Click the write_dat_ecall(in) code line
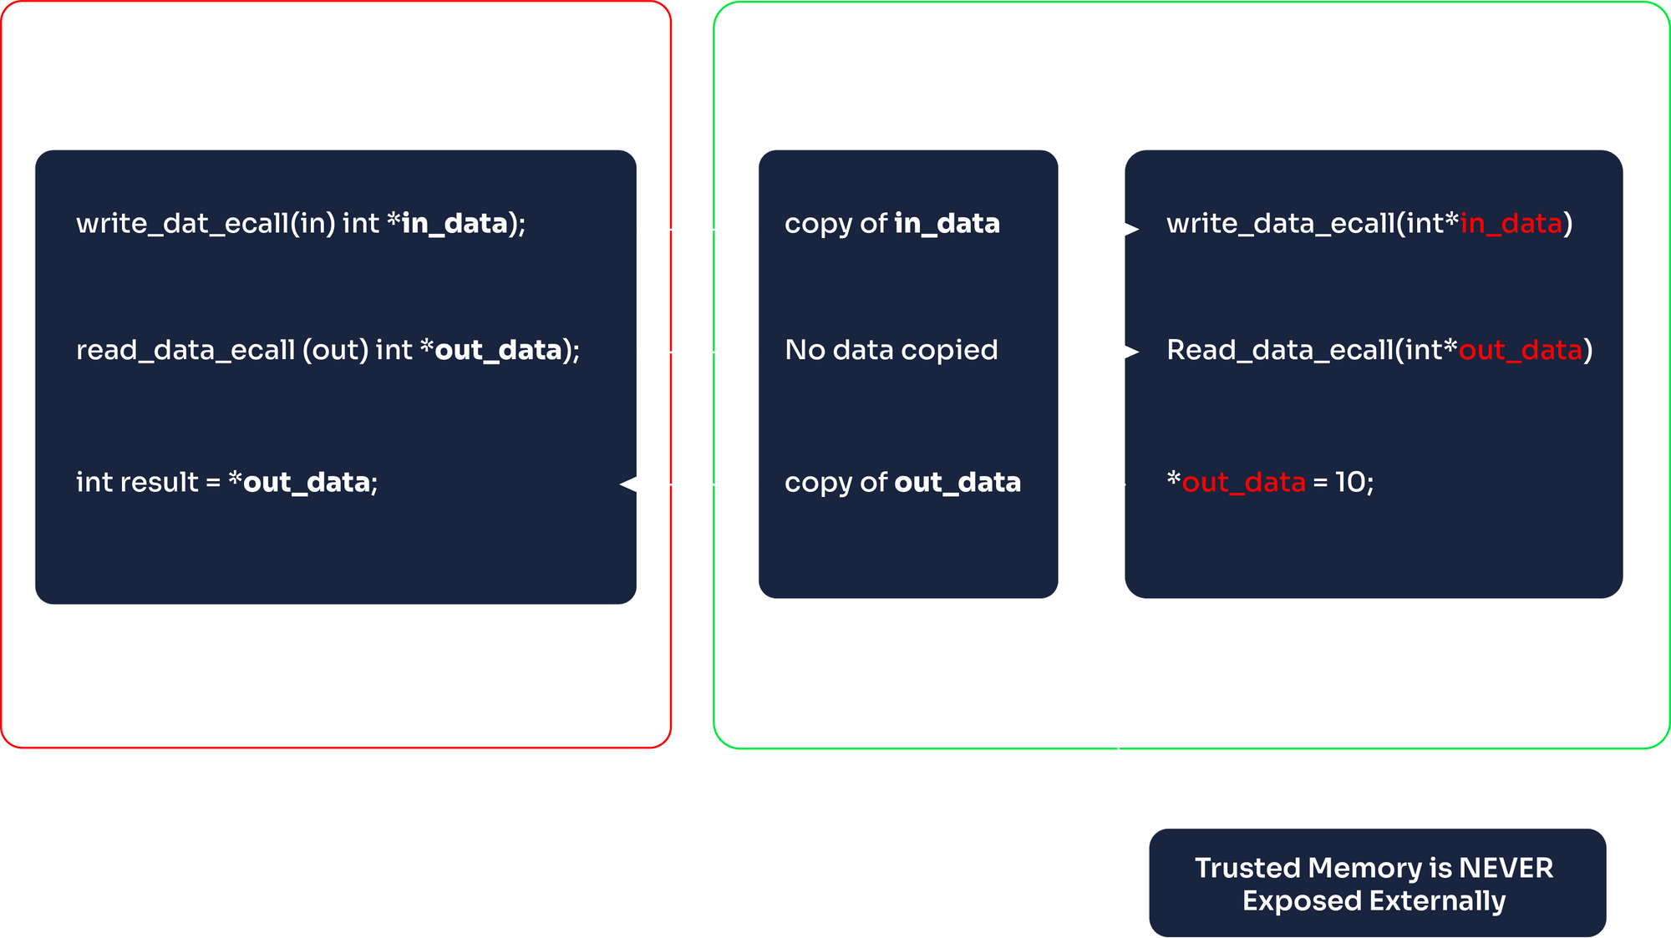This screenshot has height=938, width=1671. coord(301,224)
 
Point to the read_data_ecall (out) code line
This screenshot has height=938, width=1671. coord(328,350)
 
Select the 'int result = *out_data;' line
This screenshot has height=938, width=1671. coord(226,483)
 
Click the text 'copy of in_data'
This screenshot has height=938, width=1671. coord(891,224)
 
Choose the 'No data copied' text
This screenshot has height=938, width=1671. coord(891,350)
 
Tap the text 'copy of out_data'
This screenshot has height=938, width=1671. coord(902,483)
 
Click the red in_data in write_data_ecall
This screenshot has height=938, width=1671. coord(1511,224)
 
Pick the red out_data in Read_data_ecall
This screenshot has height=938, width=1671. coord(1520,350)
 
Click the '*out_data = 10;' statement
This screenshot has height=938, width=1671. coord(1270,483)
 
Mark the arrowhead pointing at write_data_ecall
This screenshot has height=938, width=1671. coord(1124,228)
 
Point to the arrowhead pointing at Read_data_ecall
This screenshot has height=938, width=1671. coord(1124,352)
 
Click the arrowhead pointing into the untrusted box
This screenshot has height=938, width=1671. coord(635,484)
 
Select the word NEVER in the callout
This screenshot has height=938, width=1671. coord(1506,869)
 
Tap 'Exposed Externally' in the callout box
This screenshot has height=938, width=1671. coord(1374,901)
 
